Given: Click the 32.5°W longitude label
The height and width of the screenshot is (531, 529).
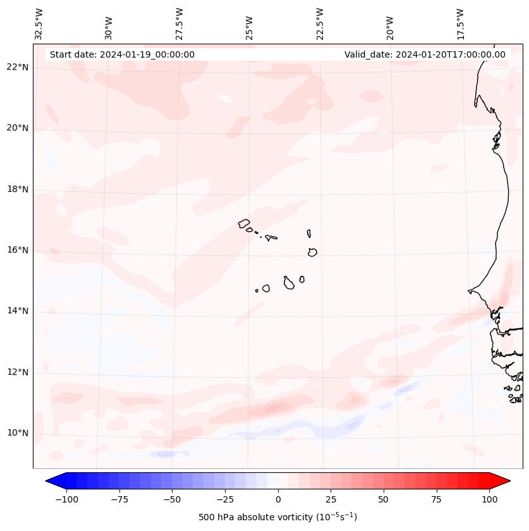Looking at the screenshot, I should point(39,23).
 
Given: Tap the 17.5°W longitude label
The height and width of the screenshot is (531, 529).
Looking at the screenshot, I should point(460,23).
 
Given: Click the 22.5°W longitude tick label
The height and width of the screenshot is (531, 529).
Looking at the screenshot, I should point(320,23).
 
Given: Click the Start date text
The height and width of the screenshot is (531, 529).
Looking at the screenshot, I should point(122,54).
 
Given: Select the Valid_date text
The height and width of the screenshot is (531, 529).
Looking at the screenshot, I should point(425,54).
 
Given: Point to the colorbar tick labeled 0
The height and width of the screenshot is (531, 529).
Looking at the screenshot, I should point(278,499).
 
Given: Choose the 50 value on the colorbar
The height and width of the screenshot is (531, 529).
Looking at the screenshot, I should point(384,499).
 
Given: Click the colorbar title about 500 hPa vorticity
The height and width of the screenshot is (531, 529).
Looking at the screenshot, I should point(277,517).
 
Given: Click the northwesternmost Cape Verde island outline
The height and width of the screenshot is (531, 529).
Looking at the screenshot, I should point(245,223).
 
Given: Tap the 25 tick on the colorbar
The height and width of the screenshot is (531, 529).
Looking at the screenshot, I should point(331,499).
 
